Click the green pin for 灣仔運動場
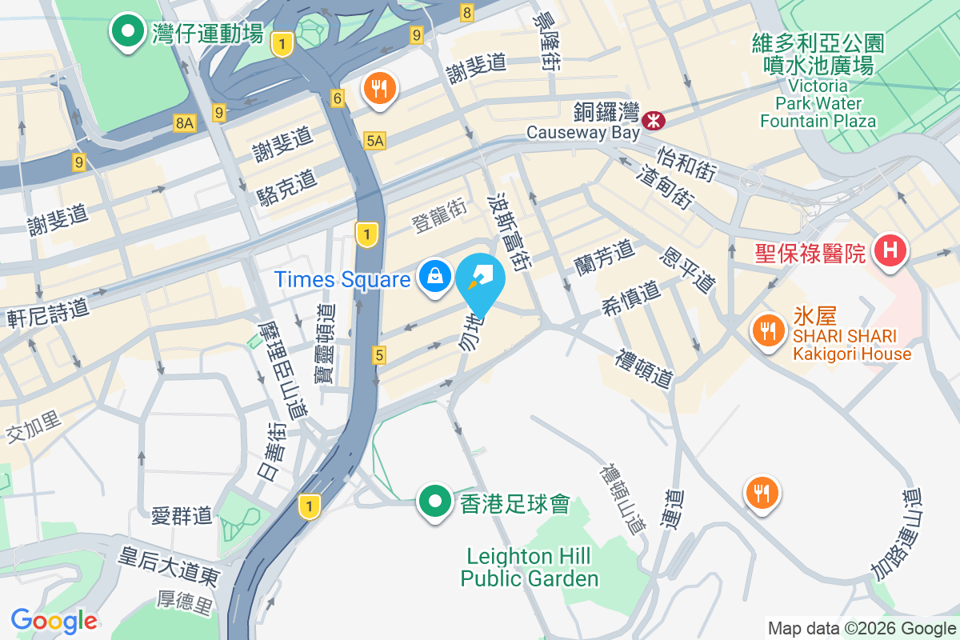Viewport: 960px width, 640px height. point(126,34)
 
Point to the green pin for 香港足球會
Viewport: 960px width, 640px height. point(435,502)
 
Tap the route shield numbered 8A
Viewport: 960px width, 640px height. point(184,122)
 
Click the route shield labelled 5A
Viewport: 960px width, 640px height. point(374,142)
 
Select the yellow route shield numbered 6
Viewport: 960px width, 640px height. point(338,98)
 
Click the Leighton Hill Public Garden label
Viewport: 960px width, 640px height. point(530,567)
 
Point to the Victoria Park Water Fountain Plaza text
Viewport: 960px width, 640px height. point(818,103)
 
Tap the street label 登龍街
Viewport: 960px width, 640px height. point(439,216)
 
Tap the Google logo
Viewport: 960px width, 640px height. point(54,621)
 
